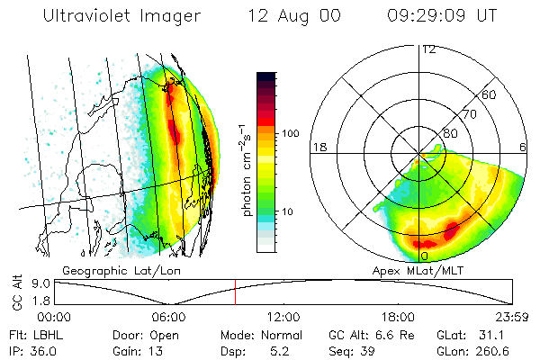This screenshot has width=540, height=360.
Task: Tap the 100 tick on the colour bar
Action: [290, 133]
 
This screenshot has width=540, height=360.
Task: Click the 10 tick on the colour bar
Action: [288, 212]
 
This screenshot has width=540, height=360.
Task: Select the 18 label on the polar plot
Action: [317, 146]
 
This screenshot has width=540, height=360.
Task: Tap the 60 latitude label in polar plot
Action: [490, 94]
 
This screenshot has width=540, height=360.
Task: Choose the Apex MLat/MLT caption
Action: [415, 269]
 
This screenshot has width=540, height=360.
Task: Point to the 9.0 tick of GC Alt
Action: [37, 283]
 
